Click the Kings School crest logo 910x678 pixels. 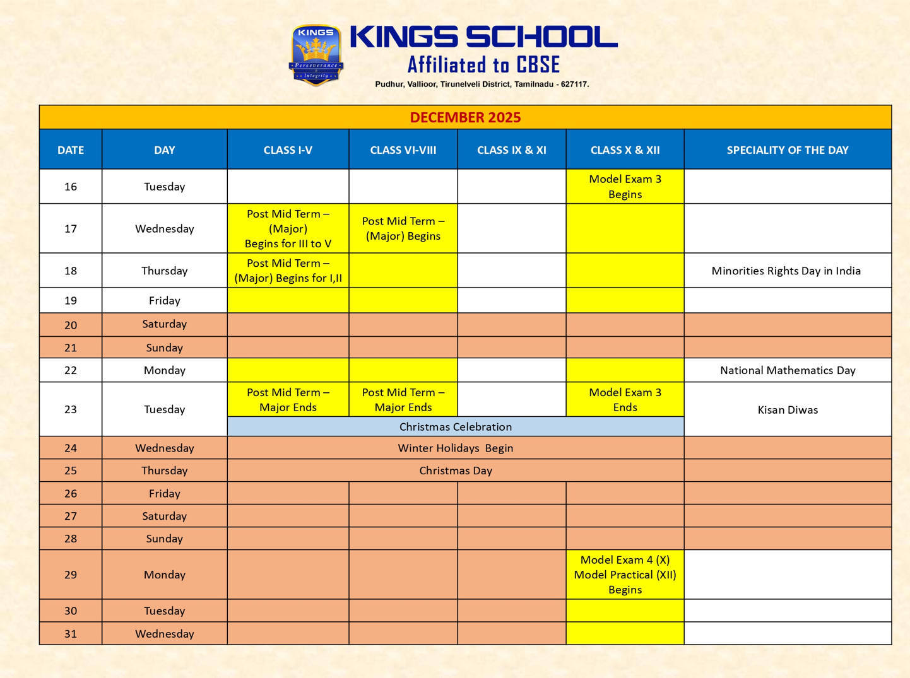coord(316,55)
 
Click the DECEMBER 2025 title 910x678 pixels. coord(465,117)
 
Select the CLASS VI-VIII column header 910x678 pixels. coord(403,150)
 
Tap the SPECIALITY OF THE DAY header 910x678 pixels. coord(787,150)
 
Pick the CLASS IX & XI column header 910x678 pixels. coord(511,150)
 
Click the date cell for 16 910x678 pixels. coord(71,187)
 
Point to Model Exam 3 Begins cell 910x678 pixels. coord(625,187)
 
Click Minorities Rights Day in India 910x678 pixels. coord(786,271)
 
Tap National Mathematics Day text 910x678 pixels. coord(787,370)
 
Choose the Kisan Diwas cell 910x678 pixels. coord(787,410)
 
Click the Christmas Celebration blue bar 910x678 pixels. coord(455,427)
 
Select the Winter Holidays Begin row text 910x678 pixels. coord(455,448)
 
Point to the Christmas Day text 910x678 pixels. coord(455,471)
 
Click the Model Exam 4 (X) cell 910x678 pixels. coord(625,574)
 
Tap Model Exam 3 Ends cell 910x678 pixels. coord(625,400)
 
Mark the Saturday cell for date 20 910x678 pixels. coord(164,324)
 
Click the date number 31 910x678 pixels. coord(71,634)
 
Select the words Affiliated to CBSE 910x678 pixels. coord(483,64)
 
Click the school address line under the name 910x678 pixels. coord(482,84)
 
